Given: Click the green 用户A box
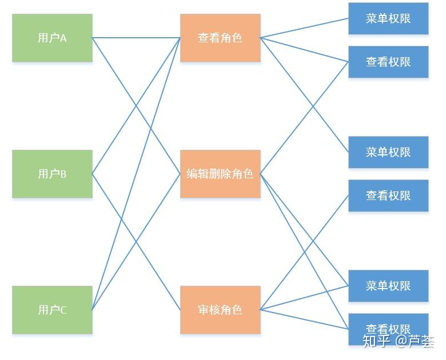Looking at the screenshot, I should point(52,38).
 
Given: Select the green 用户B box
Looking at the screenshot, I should point(52,174).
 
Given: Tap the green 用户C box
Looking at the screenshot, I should point(52,310).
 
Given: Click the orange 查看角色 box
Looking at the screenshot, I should point(220,38).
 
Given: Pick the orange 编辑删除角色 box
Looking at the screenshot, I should point(220,174).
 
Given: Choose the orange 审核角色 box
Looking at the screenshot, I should point(220,310).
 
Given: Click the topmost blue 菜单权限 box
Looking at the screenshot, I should point(388,18).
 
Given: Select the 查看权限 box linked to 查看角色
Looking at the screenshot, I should point(388,62).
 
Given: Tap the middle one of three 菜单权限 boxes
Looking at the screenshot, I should point(388,152).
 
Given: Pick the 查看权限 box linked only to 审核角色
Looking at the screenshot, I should point(388,195).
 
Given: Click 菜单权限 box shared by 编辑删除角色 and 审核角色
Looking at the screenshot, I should point(388,286).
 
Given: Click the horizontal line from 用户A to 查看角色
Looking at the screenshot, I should point(136,38).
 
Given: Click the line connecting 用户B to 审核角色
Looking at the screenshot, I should point(114,207).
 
